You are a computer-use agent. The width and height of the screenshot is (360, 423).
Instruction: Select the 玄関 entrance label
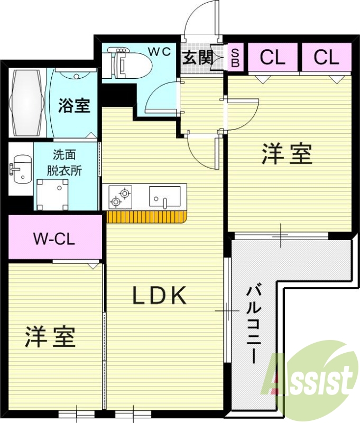click(x=197, y=58)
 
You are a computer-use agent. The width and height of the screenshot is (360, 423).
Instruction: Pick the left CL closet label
click(x=272, y=58)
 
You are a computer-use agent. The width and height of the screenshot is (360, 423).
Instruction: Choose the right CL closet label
click(x=326, y=58)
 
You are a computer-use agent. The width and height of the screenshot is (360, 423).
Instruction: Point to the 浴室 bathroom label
click(x=74, y=106)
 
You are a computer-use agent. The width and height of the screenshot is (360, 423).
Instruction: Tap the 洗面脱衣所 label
click(x=67, y=163)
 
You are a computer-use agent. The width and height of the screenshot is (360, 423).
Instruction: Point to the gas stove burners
click(x=120, y=197)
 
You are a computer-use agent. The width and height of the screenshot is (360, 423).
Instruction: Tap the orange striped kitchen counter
click(x=147, y=217)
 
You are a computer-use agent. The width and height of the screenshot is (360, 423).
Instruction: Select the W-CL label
click(x=54, y=238)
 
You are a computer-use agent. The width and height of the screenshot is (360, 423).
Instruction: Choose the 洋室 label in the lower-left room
click(x=51, y=337)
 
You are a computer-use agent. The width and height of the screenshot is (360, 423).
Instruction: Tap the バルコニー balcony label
click(x=253, y=323)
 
